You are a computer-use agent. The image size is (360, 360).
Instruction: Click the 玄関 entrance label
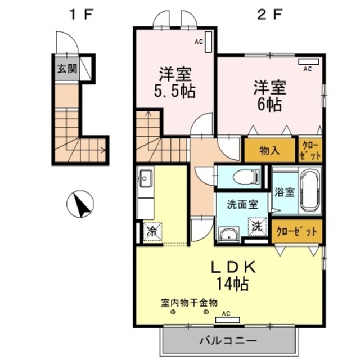(x=66, y=69)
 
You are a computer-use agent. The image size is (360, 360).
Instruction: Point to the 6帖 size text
(x=270, y=104)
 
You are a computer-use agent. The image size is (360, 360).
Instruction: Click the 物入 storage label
(x=269, y=150)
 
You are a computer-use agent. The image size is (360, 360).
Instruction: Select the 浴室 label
(x=284, y=192)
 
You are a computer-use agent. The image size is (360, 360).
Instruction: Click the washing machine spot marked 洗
(x=256, y=227)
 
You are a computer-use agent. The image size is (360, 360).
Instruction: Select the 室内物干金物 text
(x=190, y=301)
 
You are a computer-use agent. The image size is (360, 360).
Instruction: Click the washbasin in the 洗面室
(x=228, y=234)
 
